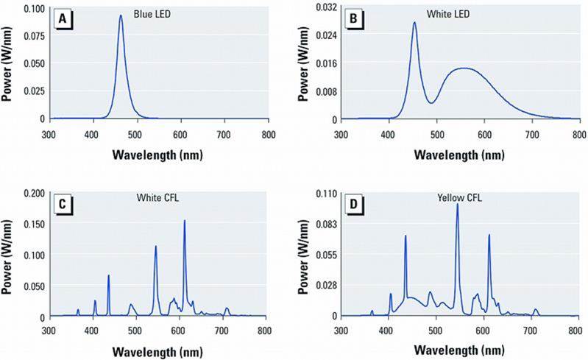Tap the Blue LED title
[x=152, y=13]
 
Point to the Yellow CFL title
[x=456, y=198]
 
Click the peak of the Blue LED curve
[x=121, y=15]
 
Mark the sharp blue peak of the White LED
[x=414, y=23]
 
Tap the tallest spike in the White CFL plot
[x=184, y=221]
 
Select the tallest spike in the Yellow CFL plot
[x=458, y=204]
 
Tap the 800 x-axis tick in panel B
[x=579, y=135]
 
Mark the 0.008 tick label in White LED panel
[x=320, y=91]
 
